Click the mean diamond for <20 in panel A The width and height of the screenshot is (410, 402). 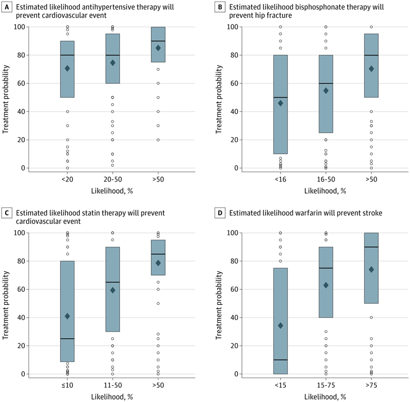point(67,68)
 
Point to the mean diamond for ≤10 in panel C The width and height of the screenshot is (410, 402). point(67,316)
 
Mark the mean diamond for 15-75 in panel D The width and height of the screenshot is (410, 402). point(325,285)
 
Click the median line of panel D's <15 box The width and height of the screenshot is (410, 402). point(280,360)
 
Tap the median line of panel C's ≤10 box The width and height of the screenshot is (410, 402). point(67,339)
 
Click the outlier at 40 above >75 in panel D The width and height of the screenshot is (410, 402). point(371,318)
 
